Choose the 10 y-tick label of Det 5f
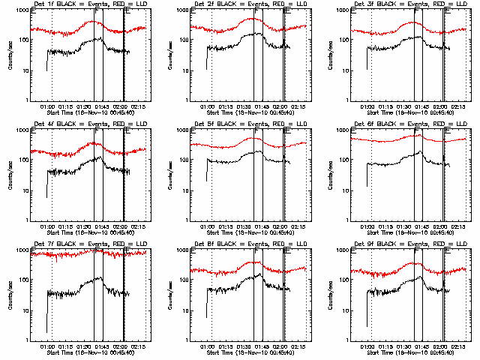coord(184,191)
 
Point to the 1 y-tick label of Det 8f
coord(187,340)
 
